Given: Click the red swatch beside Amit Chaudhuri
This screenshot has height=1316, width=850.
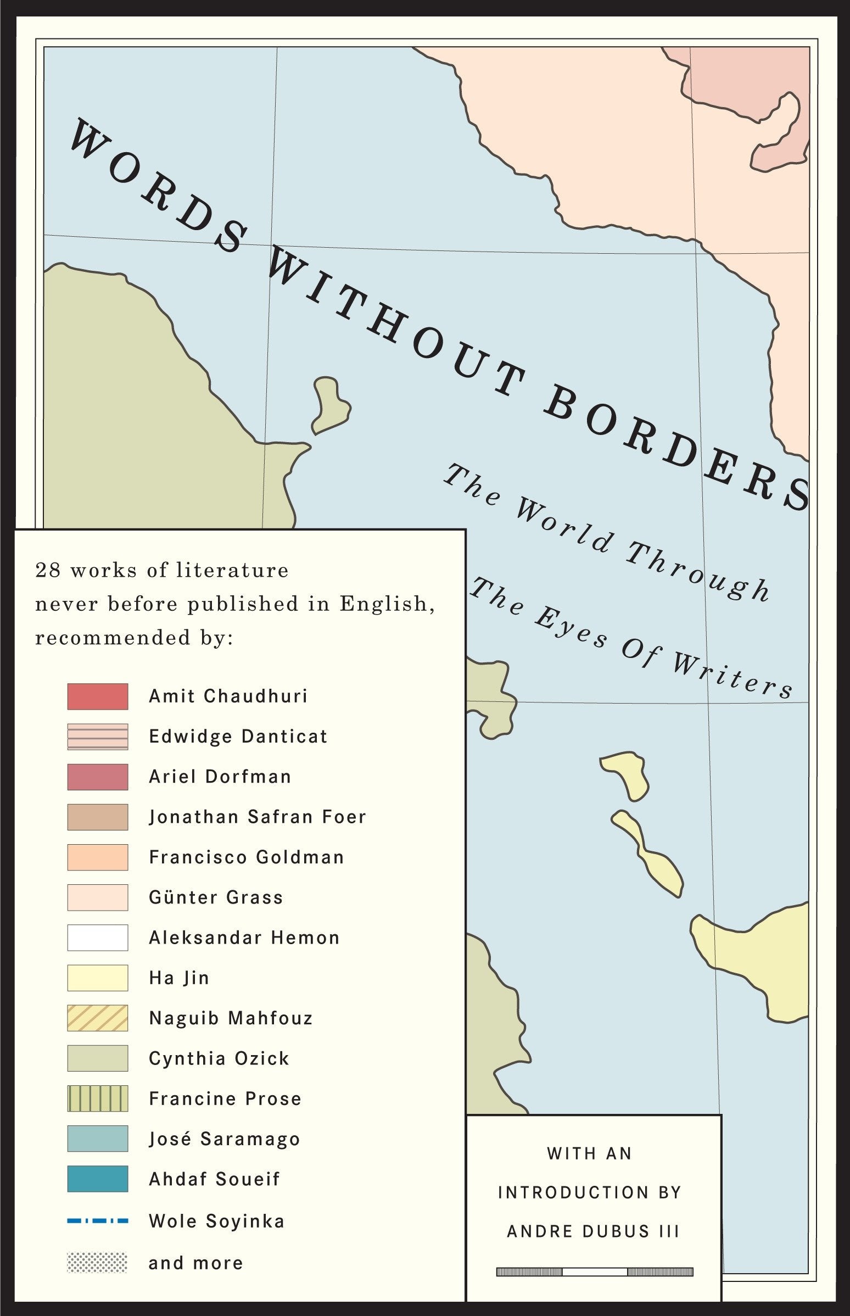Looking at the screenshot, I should click(x=98, y=696).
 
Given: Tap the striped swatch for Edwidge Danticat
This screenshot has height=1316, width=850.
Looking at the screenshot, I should click(x=98, y=737).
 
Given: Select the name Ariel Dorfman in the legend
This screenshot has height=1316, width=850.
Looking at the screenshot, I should click(x=220, y=777).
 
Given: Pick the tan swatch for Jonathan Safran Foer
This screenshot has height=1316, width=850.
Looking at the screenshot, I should click(x=98, y=817).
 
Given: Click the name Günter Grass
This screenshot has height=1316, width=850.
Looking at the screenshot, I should click(x=216, y=897).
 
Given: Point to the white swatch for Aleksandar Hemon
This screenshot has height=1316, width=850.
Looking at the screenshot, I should click(x=98, y=938).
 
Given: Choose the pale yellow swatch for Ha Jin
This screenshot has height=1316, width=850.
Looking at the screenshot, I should click(x=98, y=978).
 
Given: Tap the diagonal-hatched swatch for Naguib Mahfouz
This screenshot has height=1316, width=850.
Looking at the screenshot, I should click(x=98, y=1018).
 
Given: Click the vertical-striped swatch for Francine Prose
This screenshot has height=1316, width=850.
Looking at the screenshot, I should click(x=98, y=1099).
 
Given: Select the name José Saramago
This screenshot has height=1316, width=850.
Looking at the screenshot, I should click(x=224, y=1139).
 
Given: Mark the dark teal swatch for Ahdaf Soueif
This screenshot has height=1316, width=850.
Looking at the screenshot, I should click(x=98, y=1180).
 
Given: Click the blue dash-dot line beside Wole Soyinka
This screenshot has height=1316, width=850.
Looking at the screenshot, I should click(x=98, y=1221).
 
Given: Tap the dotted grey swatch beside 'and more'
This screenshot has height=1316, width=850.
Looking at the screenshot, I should click(x=97, y=1263).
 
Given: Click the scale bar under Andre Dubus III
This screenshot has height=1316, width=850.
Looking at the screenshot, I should click(x=595, y=1272).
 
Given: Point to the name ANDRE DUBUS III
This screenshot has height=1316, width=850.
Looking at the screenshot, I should click(x=594, y=1231).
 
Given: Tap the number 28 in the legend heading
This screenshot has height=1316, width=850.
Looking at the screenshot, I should click(x=48, y=570).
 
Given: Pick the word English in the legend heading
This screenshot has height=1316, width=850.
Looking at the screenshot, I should click(x=387, y=604).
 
